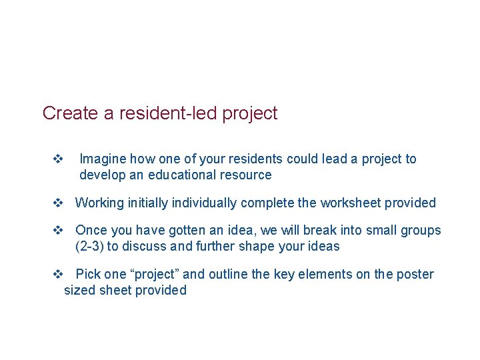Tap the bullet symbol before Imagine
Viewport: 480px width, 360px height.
point(57,159)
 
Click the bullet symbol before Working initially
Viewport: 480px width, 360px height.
point(57,203)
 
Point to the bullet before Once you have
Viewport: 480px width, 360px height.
point(57,230)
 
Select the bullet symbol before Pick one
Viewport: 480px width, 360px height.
point(57,274)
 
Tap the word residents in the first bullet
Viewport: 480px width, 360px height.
point(259,159)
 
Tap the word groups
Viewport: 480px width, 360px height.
point(421,230)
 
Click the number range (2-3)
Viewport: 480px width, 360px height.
point(91,247)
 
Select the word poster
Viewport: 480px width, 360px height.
point(415,274)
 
